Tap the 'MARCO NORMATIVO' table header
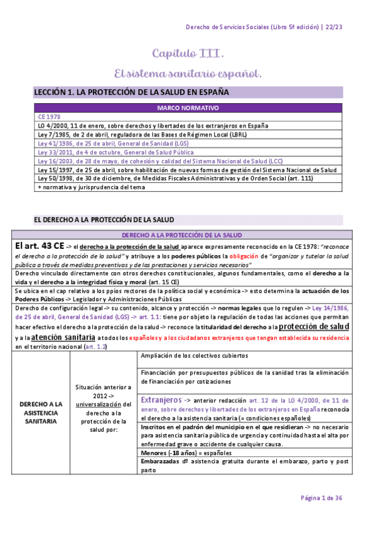188,107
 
